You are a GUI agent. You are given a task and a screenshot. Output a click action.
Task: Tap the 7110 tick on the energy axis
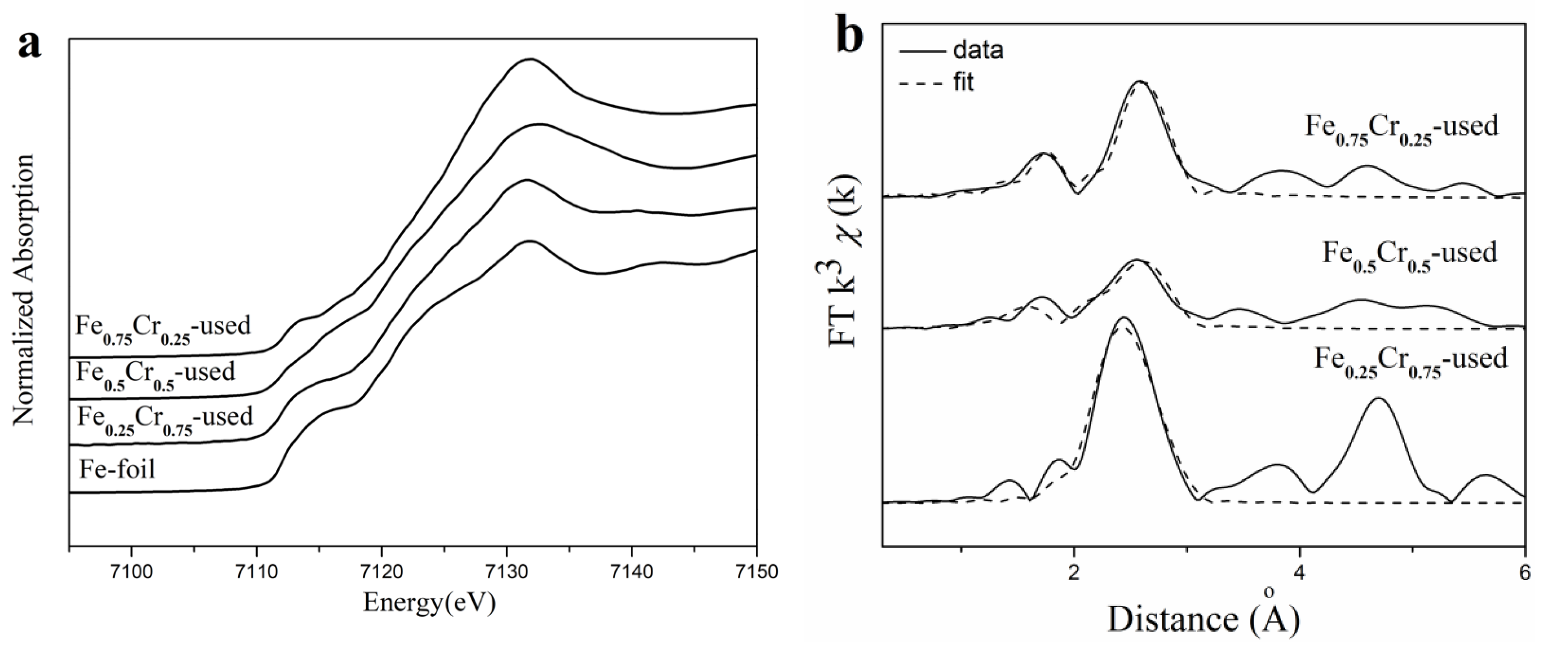pos(256,571)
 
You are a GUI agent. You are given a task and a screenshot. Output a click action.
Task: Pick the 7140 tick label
pos(632,571)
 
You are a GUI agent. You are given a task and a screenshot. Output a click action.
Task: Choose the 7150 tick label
pos(755,571)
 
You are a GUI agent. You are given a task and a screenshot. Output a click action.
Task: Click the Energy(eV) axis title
pos(429,602)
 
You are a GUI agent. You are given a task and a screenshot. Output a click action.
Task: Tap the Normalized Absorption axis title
pos(25,290)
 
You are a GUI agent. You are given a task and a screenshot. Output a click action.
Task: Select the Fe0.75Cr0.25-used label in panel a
pos(162,328)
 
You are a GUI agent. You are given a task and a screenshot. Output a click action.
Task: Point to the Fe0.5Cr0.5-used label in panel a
pos(155,374)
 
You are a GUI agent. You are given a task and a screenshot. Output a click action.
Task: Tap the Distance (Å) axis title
pos(1203,619)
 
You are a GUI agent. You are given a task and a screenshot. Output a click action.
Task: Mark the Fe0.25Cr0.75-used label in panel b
pos(1410,360)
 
